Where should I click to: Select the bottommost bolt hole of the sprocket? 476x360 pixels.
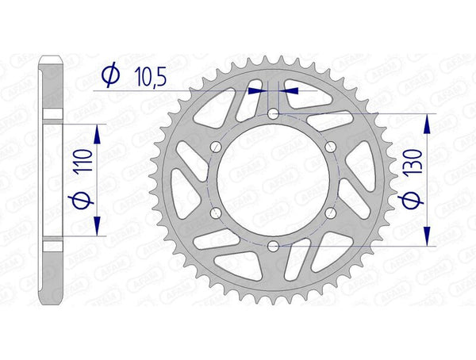(273, 247)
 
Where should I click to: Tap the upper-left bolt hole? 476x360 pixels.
(216, 148)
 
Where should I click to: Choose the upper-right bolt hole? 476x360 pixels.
(330, 148)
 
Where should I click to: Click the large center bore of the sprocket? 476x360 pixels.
(273, 181)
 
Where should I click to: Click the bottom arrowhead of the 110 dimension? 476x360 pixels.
(96, 229)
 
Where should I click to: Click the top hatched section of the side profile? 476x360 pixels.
(52, 87)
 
